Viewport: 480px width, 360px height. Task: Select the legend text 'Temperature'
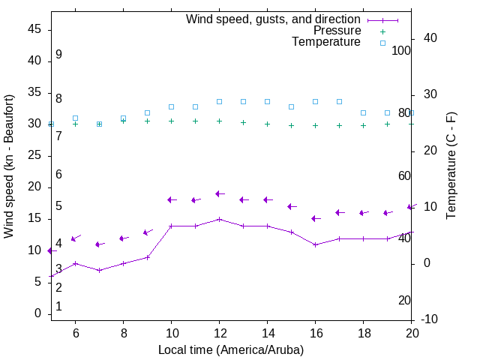click(326, 42)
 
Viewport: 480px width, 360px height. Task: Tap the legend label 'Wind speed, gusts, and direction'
click(273, 19)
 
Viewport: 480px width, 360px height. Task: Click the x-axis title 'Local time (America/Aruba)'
click(231, 349)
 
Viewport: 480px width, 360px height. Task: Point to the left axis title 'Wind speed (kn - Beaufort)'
click(9, 166)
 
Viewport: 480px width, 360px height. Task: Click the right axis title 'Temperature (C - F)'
click(451, 166)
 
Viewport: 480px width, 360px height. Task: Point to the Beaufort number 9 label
click(58, 55)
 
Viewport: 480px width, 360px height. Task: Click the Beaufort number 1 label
click(58, 307)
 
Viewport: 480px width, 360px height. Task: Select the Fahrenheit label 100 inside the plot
click(402, 50)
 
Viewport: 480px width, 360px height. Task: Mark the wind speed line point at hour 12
click(219, 219)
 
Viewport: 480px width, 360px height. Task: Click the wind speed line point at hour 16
click(315, 244)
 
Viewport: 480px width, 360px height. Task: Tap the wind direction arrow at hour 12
click(219, 193)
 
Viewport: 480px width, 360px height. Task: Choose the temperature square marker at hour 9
click(147, 112)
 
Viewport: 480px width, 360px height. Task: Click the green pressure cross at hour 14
click(267, 124)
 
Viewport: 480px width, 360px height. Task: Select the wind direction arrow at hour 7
click(99, 244)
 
